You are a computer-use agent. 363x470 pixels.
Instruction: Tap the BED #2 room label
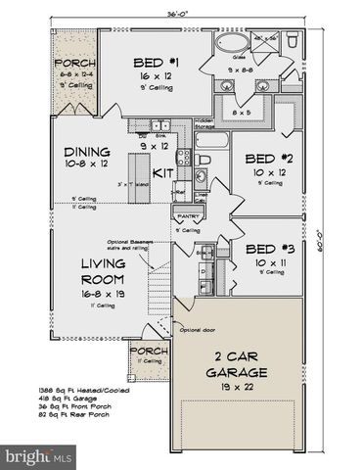point(263,159)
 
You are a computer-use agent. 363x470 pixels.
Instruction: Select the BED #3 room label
point(263,249)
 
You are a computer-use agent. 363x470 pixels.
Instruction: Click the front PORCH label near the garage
point(150,352)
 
